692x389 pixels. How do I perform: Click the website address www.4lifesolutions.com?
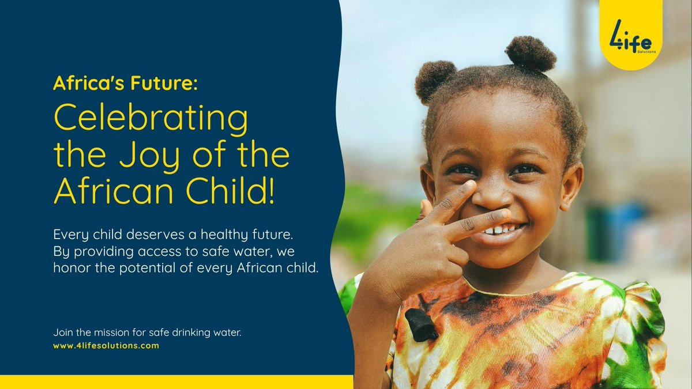106,346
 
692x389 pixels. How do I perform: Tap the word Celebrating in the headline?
151,120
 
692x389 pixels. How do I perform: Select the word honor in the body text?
68,268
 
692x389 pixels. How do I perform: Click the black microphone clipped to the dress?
421,324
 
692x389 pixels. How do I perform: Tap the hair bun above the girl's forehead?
531,53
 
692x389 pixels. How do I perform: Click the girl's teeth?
499,230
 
